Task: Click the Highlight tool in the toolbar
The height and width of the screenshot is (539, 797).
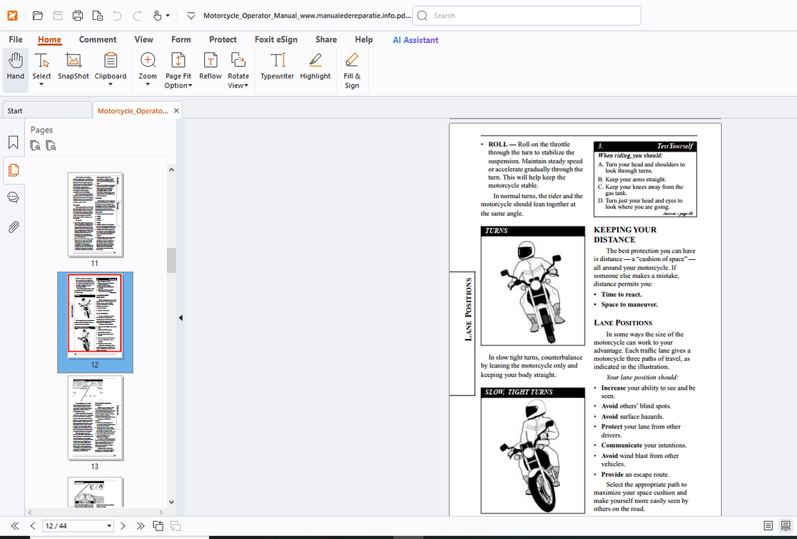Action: click(x=315, y=67)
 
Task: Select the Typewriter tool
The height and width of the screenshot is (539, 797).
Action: click(x=277, y=67)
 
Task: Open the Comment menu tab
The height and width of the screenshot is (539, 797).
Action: click(x=98, y=39)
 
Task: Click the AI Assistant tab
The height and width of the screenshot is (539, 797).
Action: click(x=415, y=40)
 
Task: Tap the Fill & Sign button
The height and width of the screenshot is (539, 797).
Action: click(x=352, y=70)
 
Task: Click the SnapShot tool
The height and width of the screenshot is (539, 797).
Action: click(x=73, y=67)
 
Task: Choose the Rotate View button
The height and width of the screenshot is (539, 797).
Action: click(x=238, y=70)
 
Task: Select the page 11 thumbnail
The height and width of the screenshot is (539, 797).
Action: click(x=95, y=215)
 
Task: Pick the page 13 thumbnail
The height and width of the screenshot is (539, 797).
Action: click(x=95, y=418)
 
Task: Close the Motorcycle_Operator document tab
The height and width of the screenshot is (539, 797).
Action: click(x=176, y=111)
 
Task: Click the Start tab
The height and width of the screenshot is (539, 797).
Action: click(x=46, y=111)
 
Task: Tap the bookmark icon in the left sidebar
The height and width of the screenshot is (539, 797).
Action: click(x=13, y=143)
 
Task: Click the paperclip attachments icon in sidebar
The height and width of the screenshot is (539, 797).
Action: click(x=13, y=227)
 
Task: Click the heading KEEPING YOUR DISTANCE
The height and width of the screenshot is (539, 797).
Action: click(x=625, y=234)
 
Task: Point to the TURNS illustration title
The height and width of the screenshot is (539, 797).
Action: click(x=496, y=230)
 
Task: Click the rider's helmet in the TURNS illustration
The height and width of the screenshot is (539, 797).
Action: click(x=527, y=250)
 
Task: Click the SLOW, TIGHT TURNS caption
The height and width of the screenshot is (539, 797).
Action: click(x=518, y=392)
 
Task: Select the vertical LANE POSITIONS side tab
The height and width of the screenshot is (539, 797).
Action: click(x=468, y=309)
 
